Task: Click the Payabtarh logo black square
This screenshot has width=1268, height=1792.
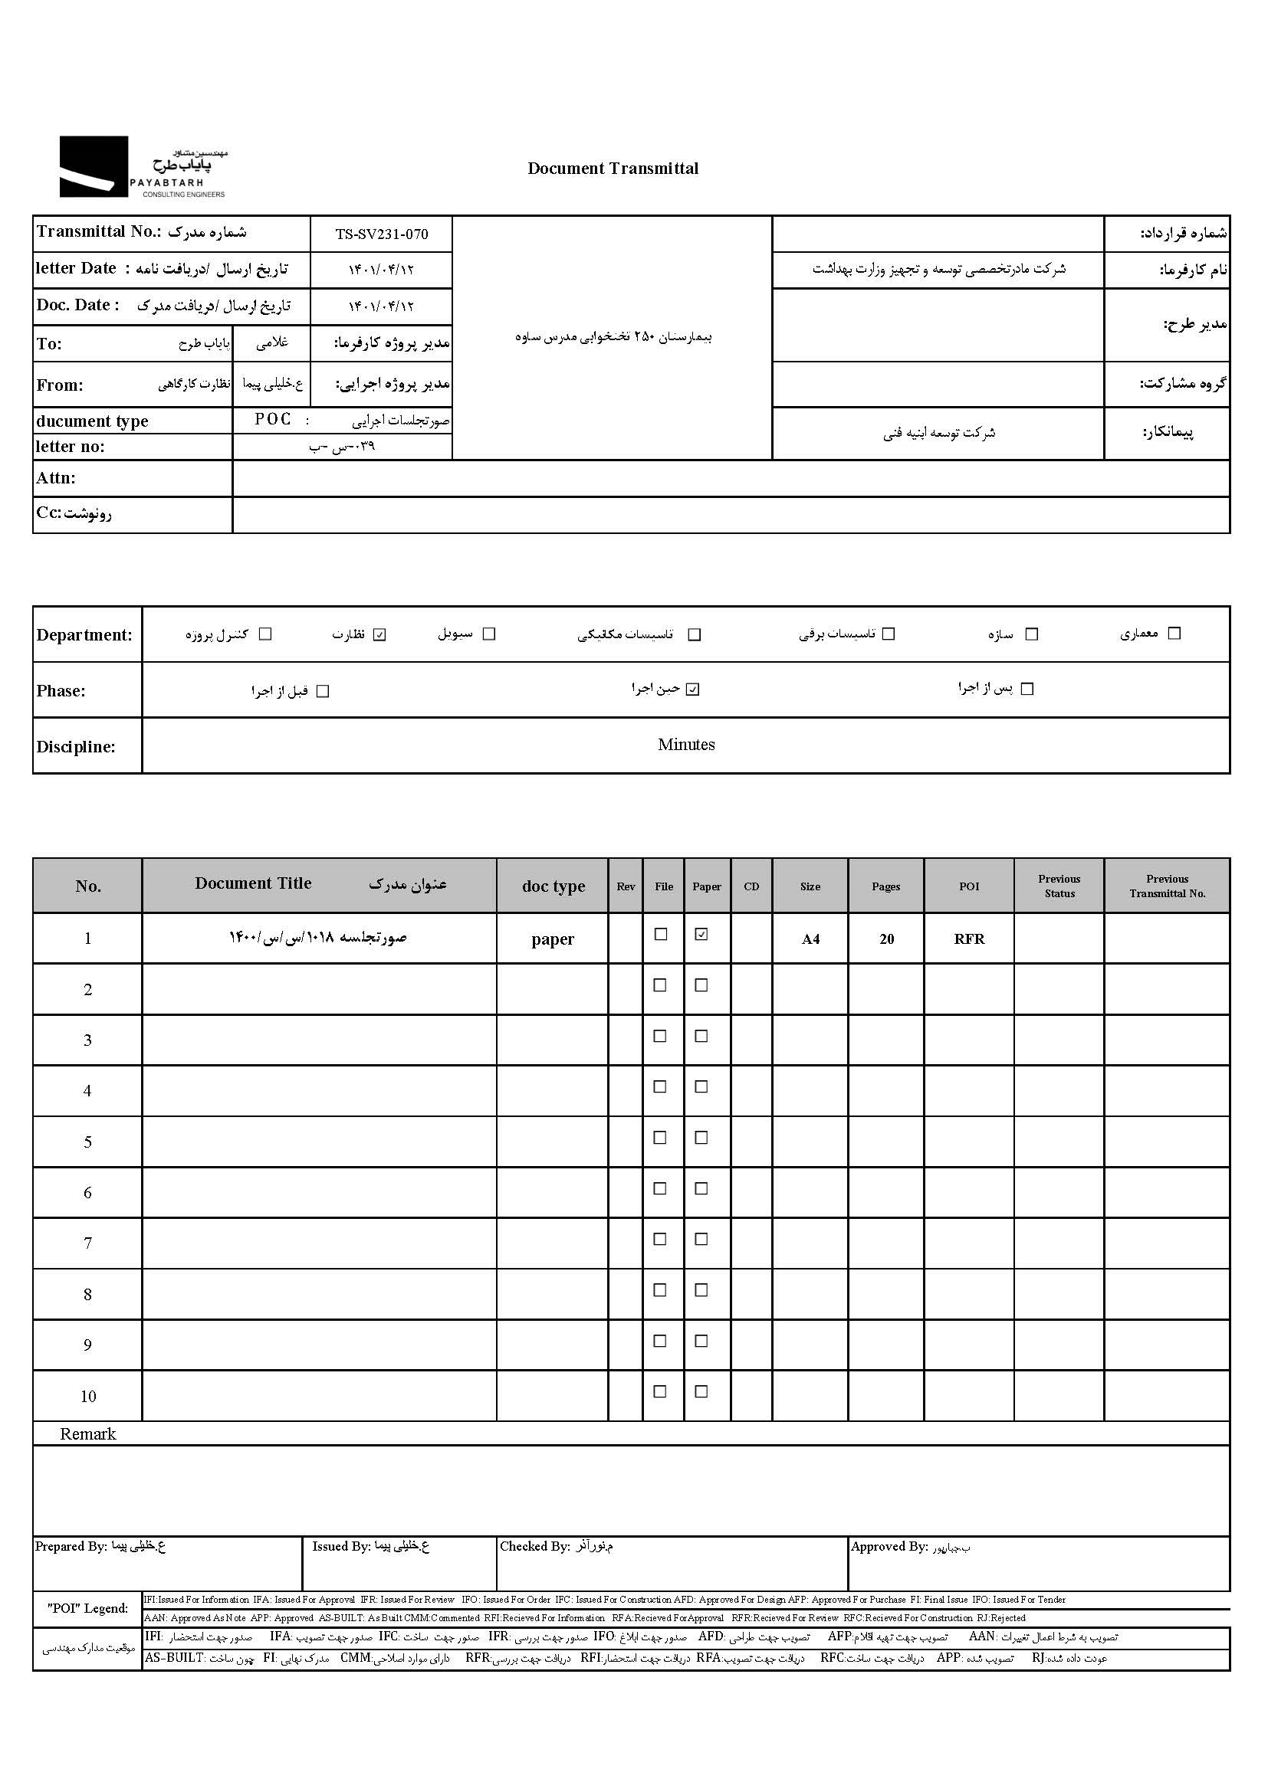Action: click(x=94, y=166)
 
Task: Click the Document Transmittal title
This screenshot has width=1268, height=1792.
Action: click(x=613, y=169)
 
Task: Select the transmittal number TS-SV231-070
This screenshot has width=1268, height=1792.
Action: click(x=382, y=234)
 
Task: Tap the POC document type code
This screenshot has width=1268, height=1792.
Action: click(x=272, y=420)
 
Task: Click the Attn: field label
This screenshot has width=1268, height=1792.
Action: click(x=55, y=477)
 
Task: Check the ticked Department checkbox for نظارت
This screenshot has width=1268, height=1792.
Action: click(x=380, y=634)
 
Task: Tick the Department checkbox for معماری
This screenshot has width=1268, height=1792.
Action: click(x=1174, y=634)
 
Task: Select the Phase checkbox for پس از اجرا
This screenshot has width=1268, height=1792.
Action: click(x=1027, y=689)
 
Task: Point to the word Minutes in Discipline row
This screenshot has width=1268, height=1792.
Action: click(x=685, y=745)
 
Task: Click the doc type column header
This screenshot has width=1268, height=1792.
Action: click(x=553, y=886)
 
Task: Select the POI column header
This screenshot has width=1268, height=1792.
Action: click(x=969, y=886)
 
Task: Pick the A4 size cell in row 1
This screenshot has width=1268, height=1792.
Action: click(x=810, y=939)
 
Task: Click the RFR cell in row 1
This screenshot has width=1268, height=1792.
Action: click(x=969, y=939)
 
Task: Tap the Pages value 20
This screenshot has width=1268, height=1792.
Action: click(x=886, y=939)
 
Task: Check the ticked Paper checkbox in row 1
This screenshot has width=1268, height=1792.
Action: click(x=701, y=934)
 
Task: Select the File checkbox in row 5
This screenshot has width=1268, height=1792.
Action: click(x=661, y=1137)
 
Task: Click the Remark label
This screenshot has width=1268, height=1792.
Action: click(x=87, y=1433)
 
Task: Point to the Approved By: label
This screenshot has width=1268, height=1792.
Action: click(x=889, y=1546)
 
